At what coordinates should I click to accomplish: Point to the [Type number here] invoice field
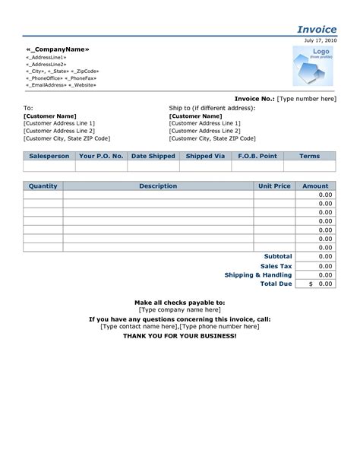(307, 99)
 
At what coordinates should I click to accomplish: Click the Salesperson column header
(49, 156)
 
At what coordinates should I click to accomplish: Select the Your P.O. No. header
(101, 156)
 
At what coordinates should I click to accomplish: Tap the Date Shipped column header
(153, 156)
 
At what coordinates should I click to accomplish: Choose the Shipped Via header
(205, 156)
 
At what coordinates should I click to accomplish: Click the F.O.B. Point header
(257, 156)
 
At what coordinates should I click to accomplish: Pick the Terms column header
(309, 156)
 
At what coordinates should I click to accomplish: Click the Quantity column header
(43, 185)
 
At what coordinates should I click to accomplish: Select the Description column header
(158, 185)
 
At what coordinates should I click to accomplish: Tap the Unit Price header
(274, 185)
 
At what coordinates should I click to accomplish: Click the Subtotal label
(278, 256)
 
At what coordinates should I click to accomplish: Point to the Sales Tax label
(276, 266)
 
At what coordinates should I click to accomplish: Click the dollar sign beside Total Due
(310, 284)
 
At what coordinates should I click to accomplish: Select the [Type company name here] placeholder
(180, 310)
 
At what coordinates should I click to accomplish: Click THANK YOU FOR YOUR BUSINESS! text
(180, 335)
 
